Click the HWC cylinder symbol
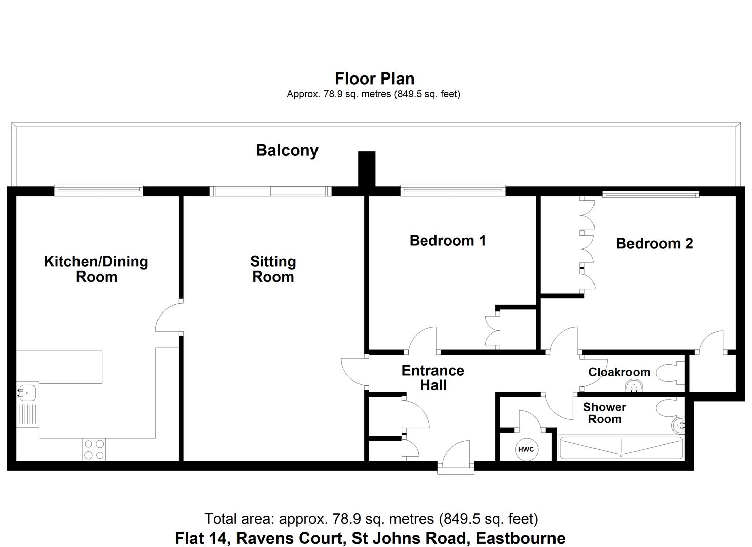coord(526,449)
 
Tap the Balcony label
coord(287,150)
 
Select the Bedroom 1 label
coord(448,240)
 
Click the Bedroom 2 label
coord(654,243)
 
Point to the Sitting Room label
coord(273,269)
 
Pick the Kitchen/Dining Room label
coord(96,269)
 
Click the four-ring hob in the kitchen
coord(94,449)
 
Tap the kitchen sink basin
coord(26,392)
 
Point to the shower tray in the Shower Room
coord(620,448)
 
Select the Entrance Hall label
coord(433,378)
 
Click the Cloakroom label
coord(619,372)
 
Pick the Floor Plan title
coord(375,79)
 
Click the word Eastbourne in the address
coord(521,538)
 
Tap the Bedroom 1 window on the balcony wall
coord(453,190)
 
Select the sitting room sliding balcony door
coord(270,191)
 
